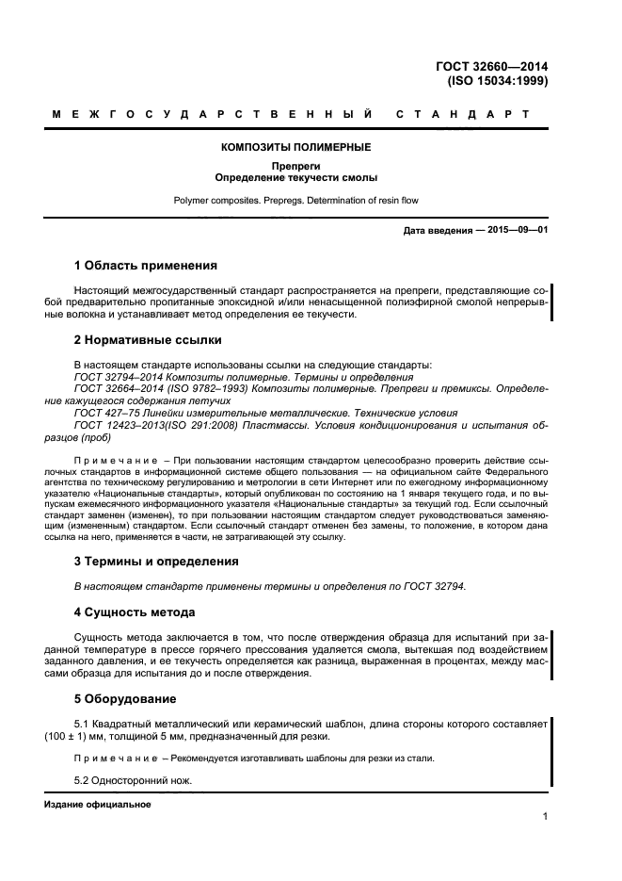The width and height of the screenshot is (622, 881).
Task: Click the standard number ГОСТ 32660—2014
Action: pos(491,66)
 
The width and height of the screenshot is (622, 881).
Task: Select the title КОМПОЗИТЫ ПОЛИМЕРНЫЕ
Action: pos(295,147)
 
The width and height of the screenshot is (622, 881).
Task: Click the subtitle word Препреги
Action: pos(295,167)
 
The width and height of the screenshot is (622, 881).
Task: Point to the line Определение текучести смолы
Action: pos(295,178)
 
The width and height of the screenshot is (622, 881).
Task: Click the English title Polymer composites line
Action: pos(295,201)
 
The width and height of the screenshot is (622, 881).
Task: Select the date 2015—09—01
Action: pos(517,231)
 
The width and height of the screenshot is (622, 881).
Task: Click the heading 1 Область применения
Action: pos(145,266)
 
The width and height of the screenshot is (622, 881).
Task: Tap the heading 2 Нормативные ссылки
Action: pos(148,339)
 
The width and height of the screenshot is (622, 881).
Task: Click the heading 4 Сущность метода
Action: pos(135,612)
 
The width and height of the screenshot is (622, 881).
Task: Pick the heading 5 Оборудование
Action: pos(123,700)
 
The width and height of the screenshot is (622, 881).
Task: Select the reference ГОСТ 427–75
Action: pos(106,413)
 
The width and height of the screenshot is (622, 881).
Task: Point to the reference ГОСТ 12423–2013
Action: pos(122,425)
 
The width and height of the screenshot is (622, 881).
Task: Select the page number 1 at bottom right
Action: pos(545,818)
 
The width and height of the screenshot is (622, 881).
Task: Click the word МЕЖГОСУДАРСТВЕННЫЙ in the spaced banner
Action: pos(212,115)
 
